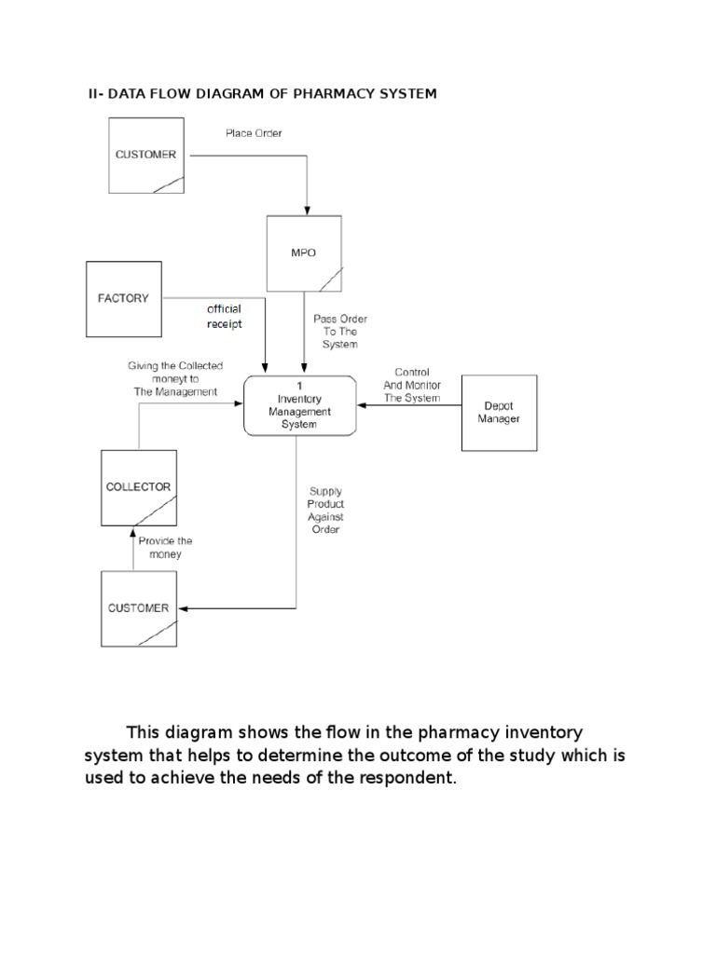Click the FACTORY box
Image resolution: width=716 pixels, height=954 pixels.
(x=124, y=298)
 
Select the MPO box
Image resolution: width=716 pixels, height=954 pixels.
(x=304, y=252)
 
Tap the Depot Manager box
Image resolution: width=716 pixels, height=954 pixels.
(x=499, y=413)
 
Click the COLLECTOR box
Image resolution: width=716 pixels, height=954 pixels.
(x=139, y=487)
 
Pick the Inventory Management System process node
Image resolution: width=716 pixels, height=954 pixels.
(x=299, y=405)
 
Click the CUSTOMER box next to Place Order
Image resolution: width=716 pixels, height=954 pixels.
(x=145, y=155)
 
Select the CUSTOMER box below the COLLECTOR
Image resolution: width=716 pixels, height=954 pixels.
(x=139, y=608)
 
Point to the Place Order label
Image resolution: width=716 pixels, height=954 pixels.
(x=254, y=133)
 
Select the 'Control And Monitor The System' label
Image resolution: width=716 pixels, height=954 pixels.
(x=412, y=385)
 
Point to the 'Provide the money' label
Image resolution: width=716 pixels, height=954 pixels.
(x=165, y=547)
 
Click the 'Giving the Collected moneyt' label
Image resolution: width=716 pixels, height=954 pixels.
(x=174, y=379)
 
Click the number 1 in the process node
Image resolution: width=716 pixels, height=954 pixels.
(x=299, y=386)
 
